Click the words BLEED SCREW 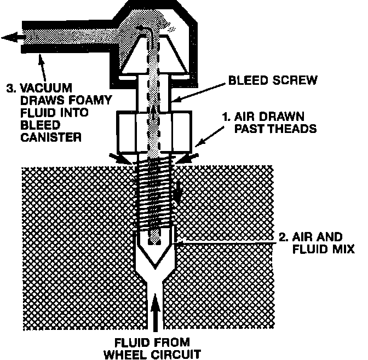click(x=272, y=80)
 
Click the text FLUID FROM click(x=157, y=342)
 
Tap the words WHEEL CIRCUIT click(x=157, y=353)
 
